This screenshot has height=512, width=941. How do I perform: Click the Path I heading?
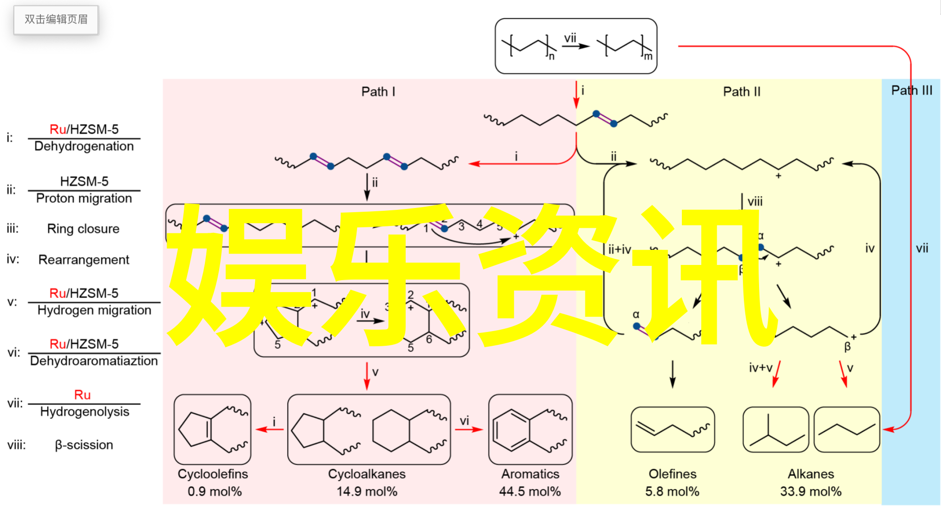click(x=378, y=92)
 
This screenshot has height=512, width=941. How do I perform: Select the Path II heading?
click(x=742, y=92)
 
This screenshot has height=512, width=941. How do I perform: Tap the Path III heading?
click(x=912, y=90)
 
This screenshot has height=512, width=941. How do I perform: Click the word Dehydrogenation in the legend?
click(x=84, y=146)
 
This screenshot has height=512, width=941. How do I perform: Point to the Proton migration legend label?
click(x=84, y=198)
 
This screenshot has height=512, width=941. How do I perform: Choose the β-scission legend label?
click(x=84, y=445)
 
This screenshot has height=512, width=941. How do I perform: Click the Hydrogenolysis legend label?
click(x=85, y=411)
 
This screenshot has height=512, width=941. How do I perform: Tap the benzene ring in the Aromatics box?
click(x=511, y=429)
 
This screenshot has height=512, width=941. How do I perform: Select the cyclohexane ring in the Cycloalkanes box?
click(x=391, y=430)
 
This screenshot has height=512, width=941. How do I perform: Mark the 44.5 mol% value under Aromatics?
click(x=530, y=492)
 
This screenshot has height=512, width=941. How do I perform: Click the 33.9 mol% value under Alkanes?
click(x=811, y=492)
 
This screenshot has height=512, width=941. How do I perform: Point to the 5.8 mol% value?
click(x=672, y=492)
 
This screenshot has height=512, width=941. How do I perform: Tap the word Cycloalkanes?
click(x=367, y=474)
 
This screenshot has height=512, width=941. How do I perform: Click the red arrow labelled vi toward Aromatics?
click(x=469, y=429)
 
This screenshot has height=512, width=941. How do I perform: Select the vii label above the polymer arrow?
click(x=570, y=38)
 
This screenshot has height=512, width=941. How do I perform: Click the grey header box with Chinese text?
click(x=56, y=20)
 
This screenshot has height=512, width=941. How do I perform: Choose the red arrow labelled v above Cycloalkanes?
click(x=367, y=376)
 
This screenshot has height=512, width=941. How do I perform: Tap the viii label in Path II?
click(x=755, y=202)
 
